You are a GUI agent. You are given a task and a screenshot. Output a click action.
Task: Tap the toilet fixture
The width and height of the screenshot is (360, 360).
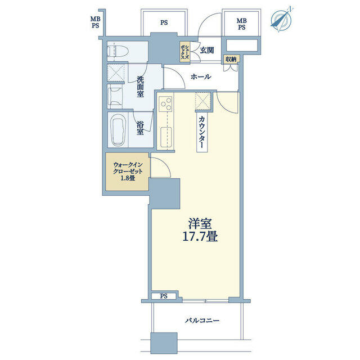pyautogui.click(x=118, y=51)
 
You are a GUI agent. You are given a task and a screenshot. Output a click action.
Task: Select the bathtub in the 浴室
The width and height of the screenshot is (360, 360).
pyautogui.click(x=118, y=129)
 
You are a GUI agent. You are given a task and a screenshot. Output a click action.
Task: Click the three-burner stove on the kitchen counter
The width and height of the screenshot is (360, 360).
pyautogui.click(x=166, y=103)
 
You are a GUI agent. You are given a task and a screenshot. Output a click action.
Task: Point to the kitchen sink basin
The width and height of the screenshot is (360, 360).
pyautogui.click(x=166, y=137)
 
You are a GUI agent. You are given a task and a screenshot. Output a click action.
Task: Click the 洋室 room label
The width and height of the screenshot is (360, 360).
pyautogui.click(x=200, y=224)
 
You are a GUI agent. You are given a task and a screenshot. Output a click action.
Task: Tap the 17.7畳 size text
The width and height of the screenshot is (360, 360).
pyautogui.click(x=200, y=236)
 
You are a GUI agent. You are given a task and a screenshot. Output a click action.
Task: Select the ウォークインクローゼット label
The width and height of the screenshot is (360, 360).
pyautogui.click(x=128, y=168)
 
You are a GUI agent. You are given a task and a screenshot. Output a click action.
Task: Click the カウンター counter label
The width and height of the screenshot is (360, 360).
pyautogui.click(x=202, y=132)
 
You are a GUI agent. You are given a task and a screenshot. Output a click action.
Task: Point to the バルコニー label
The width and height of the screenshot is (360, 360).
pyautogui.click(x=202, y=320)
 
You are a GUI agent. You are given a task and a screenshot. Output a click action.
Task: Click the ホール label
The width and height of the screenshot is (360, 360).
pyautogui.click(x=201, y=76)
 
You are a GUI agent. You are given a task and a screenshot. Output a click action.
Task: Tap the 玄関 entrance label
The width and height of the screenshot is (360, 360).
pyautogui.click(x=206, y=50)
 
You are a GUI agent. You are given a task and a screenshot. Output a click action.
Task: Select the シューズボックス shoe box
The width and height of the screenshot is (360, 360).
pyautogui.click(x=184, y=52)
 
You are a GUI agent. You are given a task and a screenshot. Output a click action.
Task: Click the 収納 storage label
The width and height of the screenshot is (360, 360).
pyautogui.click(x=231, y=59)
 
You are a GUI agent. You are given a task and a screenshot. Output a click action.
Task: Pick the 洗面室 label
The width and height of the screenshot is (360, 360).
pyautogui.click(x=140, y=87)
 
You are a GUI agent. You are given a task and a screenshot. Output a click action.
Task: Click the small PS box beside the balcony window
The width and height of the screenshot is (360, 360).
pyautogui.click(x=164, y=296)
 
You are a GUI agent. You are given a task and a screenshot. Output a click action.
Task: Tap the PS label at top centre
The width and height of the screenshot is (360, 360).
pyautogui.click(x=164, y=22)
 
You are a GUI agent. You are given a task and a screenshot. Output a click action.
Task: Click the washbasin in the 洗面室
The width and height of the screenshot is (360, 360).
pyautogui.click(x=115, y=96)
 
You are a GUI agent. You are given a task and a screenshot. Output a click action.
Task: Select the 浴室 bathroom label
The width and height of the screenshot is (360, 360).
pyautogui.click(x=140, y=128)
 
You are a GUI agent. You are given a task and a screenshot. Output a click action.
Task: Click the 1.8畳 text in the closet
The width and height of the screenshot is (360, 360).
pyautogui.click(x=128, y=178)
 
